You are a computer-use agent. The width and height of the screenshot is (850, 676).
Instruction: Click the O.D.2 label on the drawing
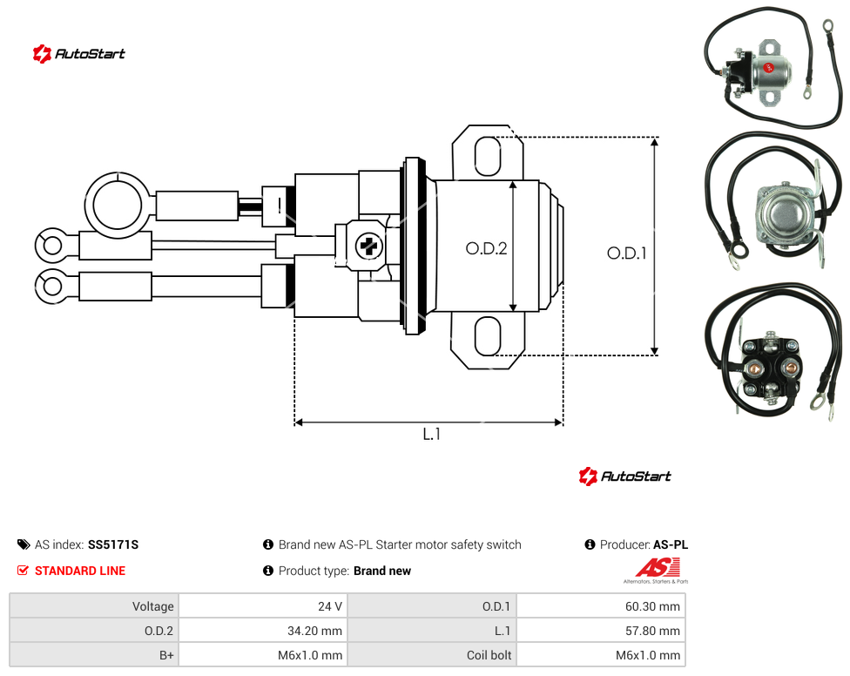pos(486,248)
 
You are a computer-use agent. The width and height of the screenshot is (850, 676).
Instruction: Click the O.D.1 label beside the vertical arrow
pos(627,253)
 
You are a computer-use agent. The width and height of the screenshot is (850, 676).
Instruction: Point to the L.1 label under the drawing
pos(431,434)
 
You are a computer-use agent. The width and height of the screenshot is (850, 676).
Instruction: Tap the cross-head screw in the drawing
pos(368,247)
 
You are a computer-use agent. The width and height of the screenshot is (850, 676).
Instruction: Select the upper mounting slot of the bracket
pos(488,156)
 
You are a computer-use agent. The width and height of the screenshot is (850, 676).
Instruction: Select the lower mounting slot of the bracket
pos(488,336)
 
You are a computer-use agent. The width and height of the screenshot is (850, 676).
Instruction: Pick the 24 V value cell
pos(263,606)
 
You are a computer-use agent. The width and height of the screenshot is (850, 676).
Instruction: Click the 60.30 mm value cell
pos(601,606)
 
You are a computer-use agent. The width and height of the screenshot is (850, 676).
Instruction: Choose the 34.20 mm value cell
pos(263,631)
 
